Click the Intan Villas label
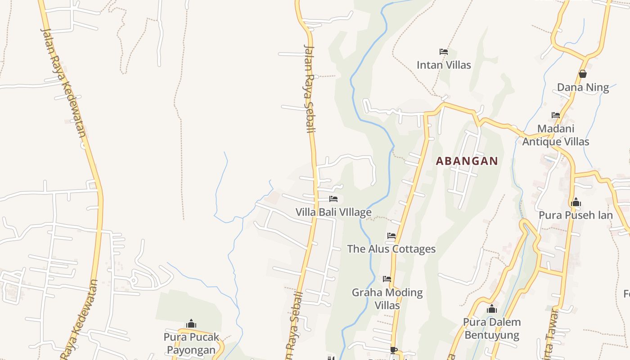[x=444, y=65]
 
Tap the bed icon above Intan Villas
[x=444, y=52]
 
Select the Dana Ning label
[x=583, y=87]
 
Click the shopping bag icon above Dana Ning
[x=583, y=74]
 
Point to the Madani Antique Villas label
[x=556, y=135]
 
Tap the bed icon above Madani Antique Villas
[x=556, y=115]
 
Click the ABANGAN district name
[x=467, y=161]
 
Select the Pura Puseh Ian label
[x=576, y=215]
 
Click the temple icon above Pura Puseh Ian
[x=576, y=202]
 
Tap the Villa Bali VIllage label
[x=333, y=212]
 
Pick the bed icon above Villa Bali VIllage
[x=333, y=198]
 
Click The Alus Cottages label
[x=391, y=249]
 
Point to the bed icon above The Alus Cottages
[x=391, y=235]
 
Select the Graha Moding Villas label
[x=387, y=299]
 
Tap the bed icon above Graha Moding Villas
[x=387, y=279]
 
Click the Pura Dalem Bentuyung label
[x=492, y=328]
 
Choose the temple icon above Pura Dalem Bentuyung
[x=492, y=309]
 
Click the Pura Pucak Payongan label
[x=191, y=343]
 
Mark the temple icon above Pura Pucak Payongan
[x=191, y=324]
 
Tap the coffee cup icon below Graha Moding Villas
[x=393, y=350]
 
